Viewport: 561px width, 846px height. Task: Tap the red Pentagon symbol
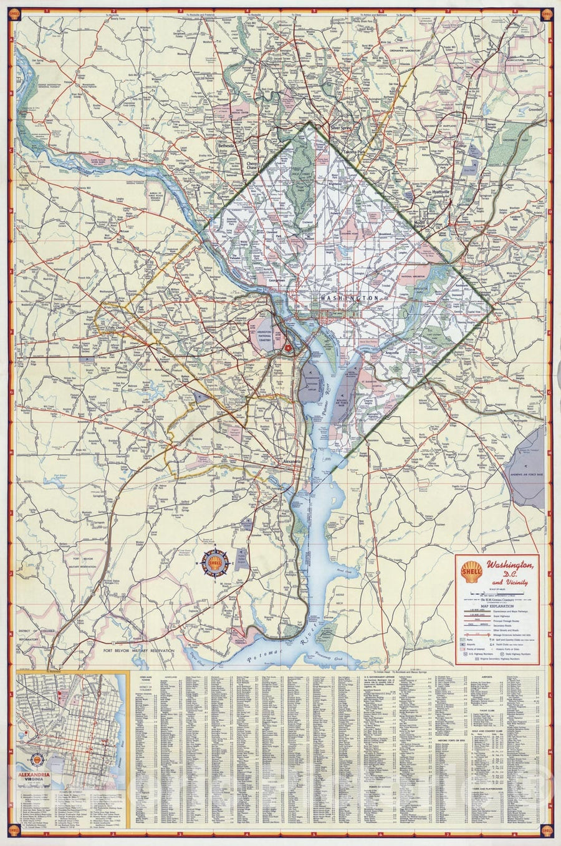point(287,348)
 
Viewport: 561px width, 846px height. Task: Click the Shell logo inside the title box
point(469,569)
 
